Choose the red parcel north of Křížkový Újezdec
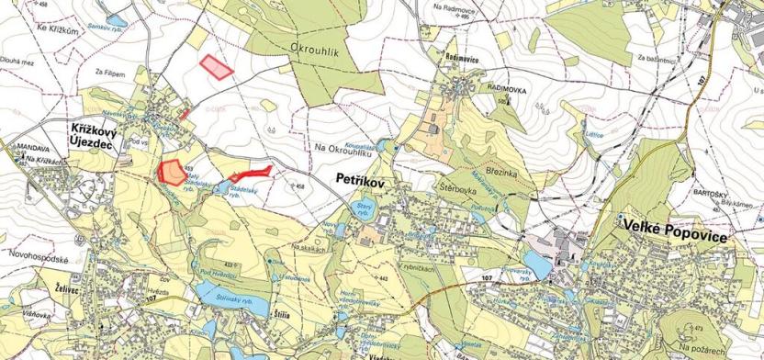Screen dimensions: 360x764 tap(216, 66)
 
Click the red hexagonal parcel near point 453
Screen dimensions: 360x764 tap(171, 170)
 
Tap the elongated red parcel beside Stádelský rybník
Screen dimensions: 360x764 tap(251, 173)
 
